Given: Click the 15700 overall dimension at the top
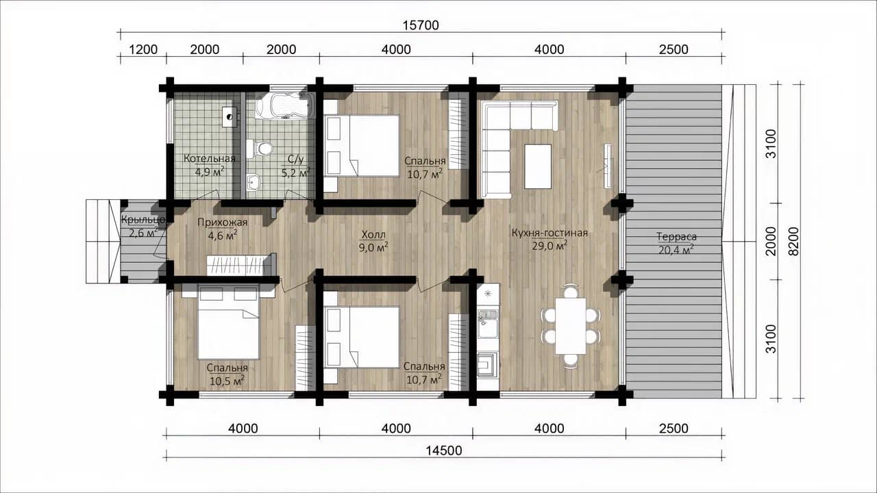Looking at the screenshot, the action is point(421,25).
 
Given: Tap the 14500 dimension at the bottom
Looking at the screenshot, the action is point(444,451).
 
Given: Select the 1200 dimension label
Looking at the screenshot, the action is point(143,50).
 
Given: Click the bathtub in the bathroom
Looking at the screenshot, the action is point(284,105).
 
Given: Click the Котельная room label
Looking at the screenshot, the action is point(210,158).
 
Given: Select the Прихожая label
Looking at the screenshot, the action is point(223,223).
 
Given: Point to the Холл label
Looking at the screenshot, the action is point(373,234).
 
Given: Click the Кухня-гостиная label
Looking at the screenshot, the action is point(549,233).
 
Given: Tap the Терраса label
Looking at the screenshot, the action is point(676,237).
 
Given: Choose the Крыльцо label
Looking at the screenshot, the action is point(144,220).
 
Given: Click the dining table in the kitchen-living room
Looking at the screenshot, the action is point(571,326).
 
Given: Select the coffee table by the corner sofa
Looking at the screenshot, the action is point(538,166).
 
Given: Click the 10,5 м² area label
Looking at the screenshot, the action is point(227,381).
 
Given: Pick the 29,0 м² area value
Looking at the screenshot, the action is point(549,246).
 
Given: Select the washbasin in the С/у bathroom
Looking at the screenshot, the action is point(254,182).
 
